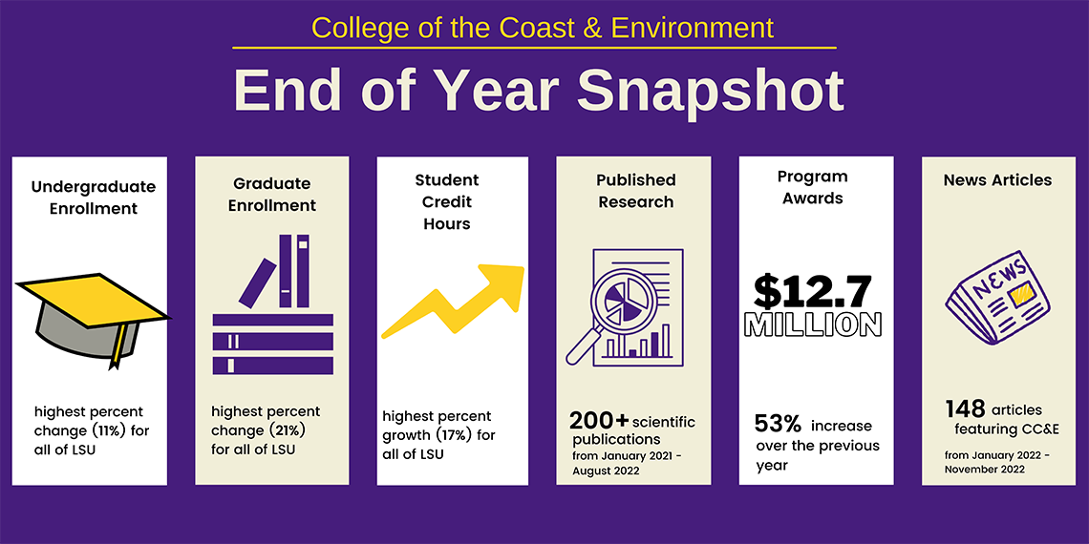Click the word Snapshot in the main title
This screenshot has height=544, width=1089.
[710, 92]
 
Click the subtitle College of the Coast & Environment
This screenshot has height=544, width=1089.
[543, 27]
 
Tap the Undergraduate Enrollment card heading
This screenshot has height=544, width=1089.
[93, 197]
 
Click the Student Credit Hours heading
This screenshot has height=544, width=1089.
[447, 201]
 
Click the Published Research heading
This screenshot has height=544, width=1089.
[635, 191]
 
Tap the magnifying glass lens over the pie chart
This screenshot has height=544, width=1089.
[621, 303]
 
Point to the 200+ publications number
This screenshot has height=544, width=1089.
[598, 421]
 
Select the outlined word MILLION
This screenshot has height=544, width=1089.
[812, 325]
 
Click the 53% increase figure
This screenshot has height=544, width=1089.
[778, 425]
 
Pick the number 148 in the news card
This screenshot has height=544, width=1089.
[965, 408]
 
